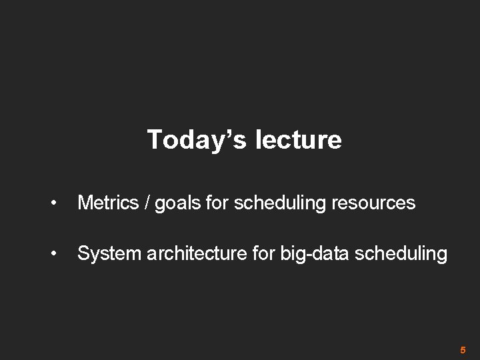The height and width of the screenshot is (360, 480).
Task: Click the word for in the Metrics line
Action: tap(216, 203)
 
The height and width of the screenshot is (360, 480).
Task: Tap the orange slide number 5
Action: tap(463, 349)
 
